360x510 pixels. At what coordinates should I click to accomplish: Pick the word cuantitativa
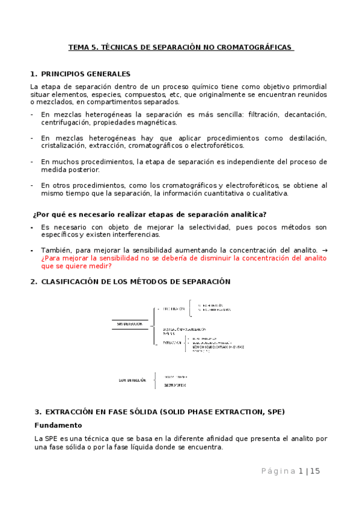coord(222,193)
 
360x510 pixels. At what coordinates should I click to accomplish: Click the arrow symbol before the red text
coord(325,250)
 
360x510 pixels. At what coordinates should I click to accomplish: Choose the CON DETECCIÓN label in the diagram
coord(132,380)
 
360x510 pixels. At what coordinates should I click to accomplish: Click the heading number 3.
coord(37,412)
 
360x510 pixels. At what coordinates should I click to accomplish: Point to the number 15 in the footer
coord(315,471)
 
